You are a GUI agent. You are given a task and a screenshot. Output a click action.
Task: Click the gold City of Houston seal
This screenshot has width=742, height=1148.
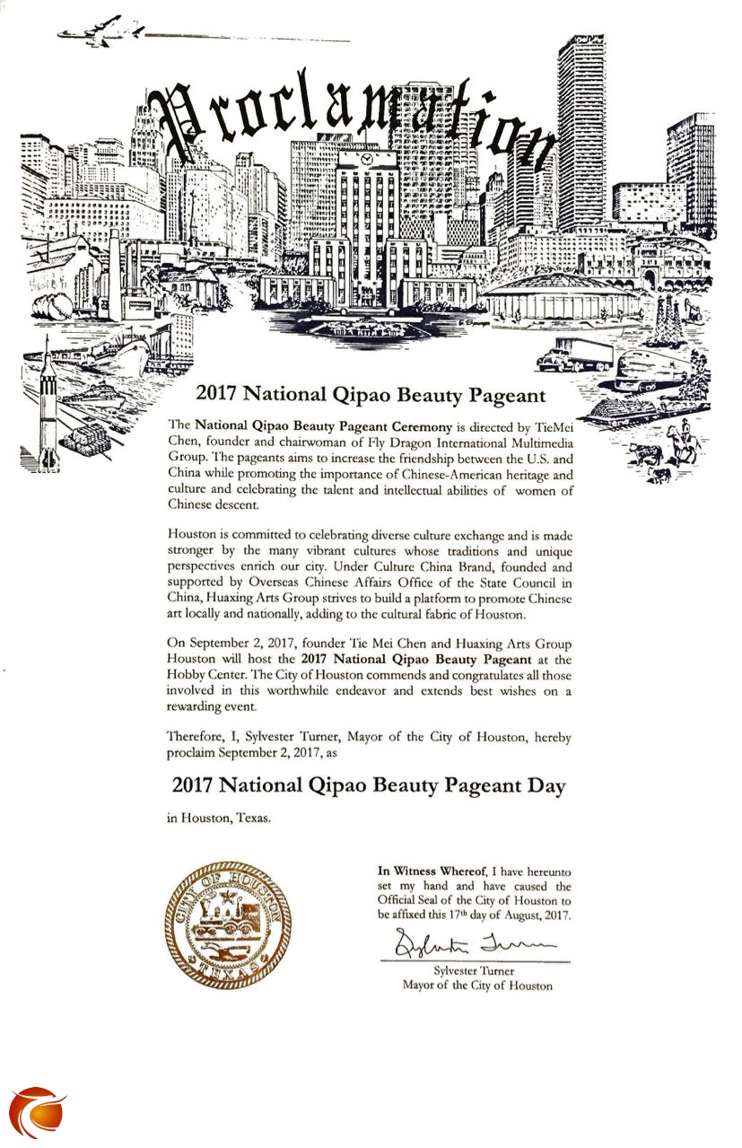click(x=227, y=924)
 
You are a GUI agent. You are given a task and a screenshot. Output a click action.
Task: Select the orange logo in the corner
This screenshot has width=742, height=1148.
click(x=38, y=1112)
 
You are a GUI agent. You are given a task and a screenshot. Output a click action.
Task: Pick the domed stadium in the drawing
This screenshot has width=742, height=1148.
click(x=563, y=295)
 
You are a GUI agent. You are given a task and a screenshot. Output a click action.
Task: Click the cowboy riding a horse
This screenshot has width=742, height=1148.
click(x=684, y=441)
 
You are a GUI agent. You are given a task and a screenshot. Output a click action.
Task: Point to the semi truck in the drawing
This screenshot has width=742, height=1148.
click(x=575, y=354)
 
